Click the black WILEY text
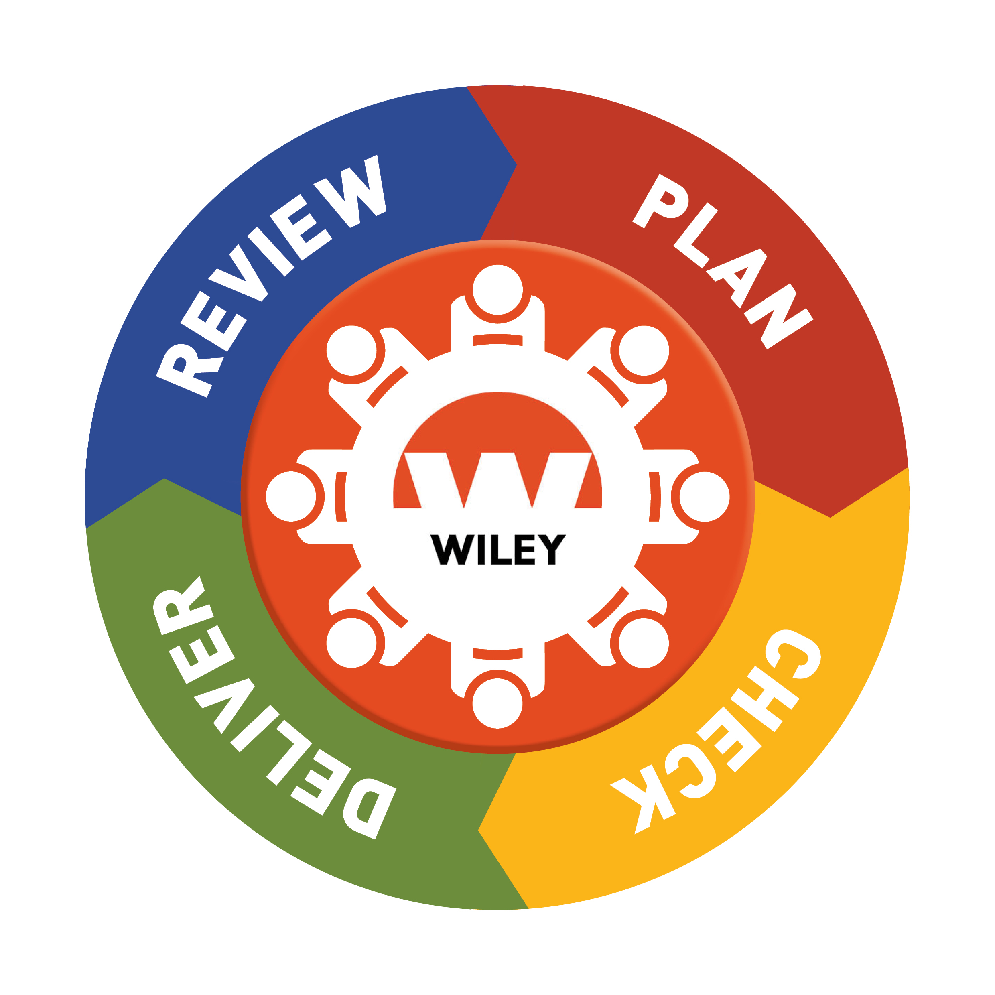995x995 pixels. [x=497, y=550]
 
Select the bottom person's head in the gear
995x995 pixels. [x=497, y=703]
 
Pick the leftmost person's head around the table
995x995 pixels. [x=291, y=496]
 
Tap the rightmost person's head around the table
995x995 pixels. [x=704, y=496]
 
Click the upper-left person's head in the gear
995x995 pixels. [x=351, y=351]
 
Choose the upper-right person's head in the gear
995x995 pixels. [x=644, y=351]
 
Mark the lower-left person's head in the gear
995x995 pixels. [x=351, y=643]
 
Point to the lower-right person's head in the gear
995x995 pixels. [x=644, y=643]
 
